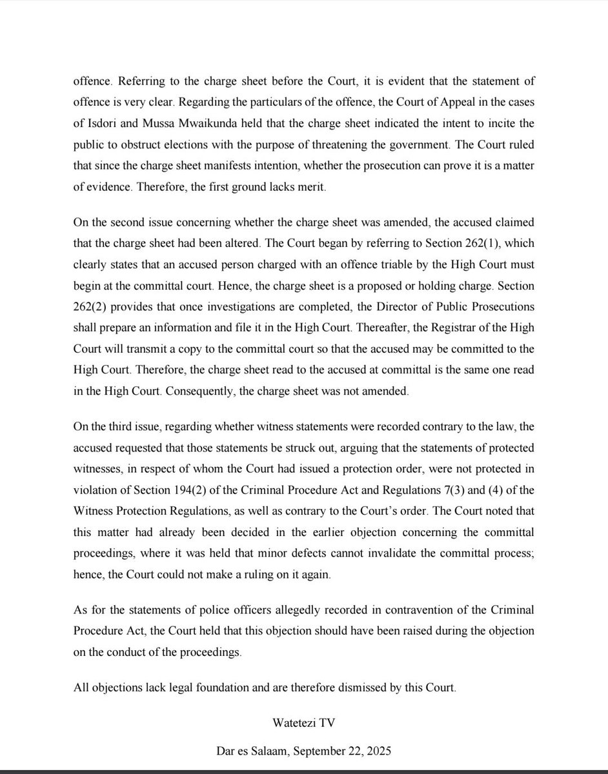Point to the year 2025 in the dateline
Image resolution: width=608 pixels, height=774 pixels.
point(378,750)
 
